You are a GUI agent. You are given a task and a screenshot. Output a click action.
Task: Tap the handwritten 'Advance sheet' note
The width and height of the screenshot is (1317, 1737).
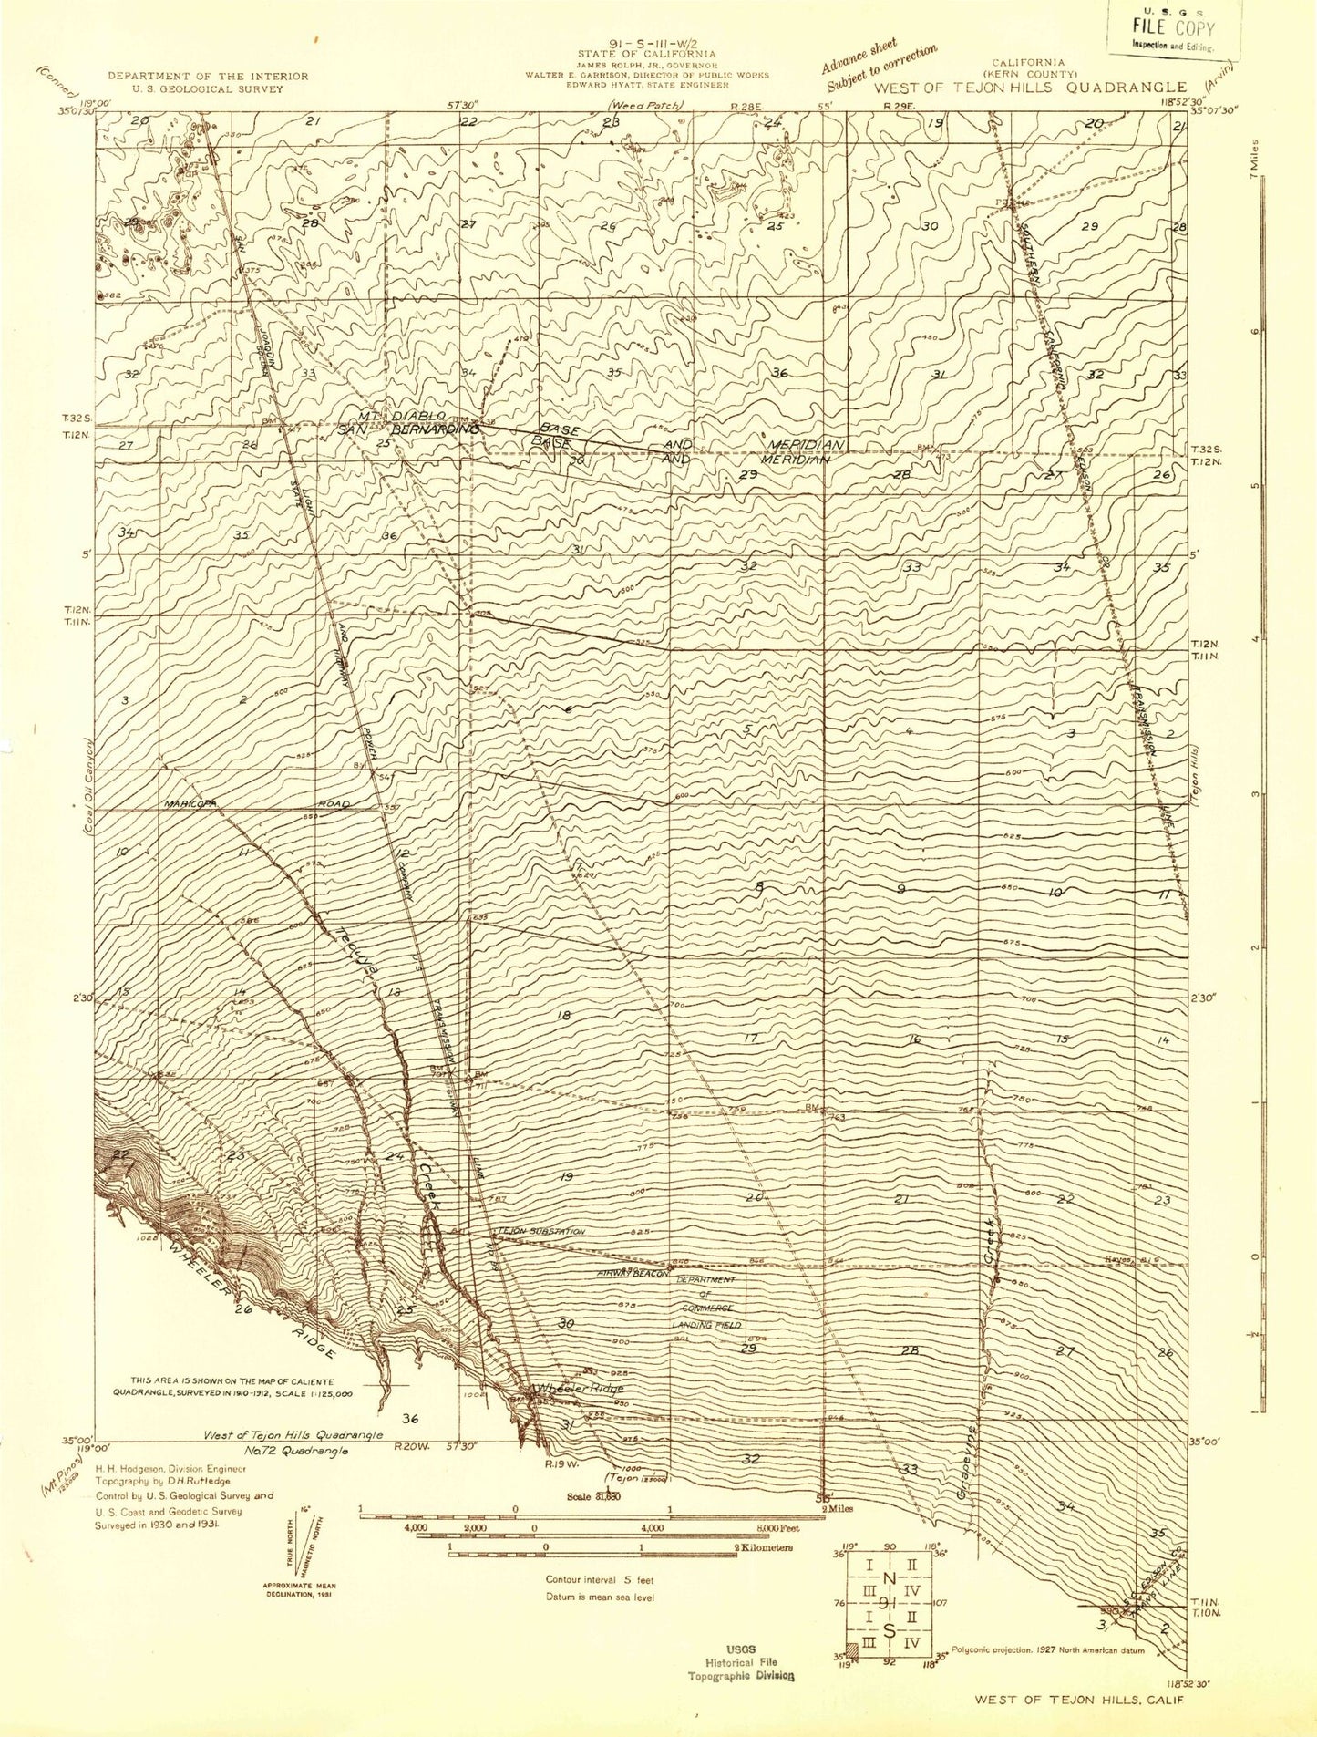coord(859,57)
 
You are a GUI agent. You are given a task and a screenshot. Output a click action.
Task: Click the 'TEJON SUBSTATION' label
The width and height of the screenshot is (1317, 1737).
coord(541,1232)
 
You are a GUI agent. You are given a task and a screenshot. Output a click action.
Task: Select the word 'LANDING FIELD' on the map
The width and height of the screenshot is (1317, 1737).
coord(706,1324)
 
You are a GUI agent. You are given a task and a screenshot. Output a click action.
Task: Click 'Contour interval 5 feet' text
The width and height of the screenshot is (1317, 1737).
coord(600,1579)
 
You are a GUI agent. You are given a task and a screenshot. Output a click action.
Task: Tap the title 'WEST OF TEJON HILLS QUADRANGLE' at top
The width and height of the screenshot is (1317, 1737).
coord(1029,88)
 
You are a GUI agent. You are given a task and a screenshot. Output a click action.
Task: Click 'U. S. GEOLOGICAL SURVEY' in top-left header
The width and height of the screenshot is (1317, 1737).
coord(209,89)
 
